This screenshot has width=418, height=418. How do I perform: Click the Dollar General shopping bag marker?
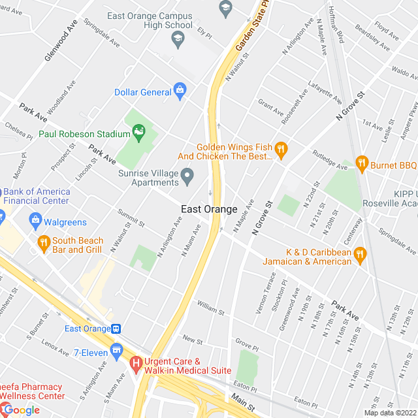tap(180, 91)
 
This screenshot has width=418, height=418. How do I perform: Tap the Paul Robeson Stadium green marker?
tap(139, 133)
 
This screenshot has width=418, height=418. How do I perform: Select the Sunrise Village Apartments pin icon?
tap(187, 174)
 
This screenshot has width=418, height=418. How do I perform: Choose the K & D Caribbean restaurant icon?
tap(359, 255)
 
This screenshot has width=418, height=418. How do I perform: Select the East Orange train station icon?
tap(116, 329)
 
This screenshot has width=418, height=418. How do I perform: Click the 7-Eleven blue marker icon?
tap(116, 351)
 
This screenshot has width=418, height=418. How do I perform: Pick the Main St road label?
tap(242, 401)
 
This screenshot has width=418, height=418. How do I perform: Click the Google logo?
tap(21, 410)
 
